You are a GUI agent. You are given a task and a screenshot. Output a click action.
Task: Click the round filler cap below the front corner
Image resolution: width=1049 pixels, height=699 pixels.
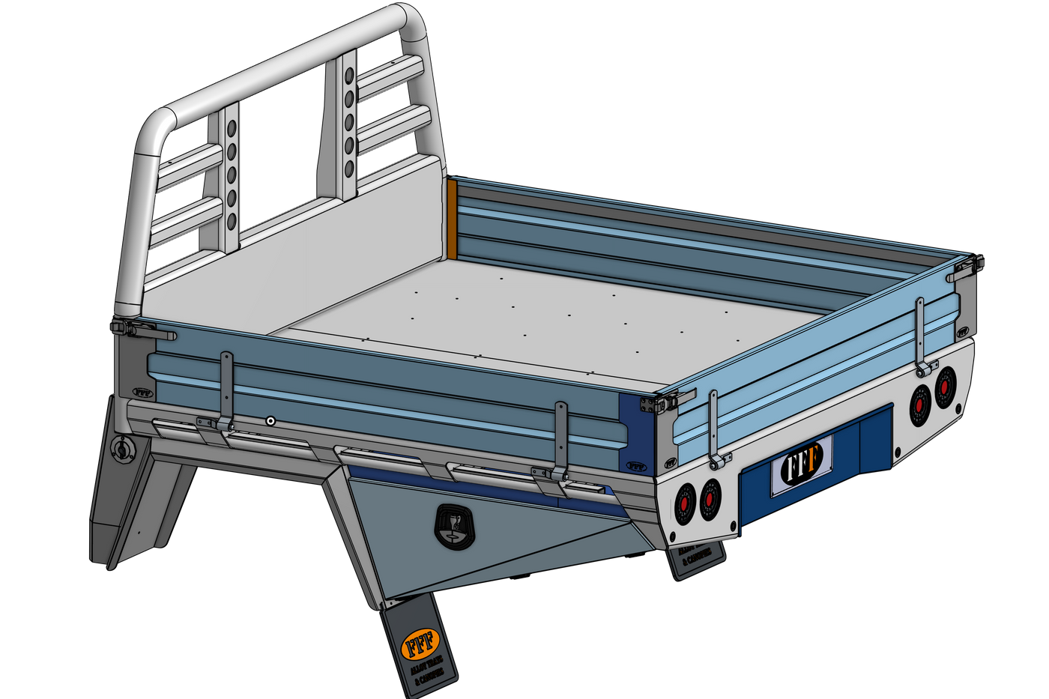121,449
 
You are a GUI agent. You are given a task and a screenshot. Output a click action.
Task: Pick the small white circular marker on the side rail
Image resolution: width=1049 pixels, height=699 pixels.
270,422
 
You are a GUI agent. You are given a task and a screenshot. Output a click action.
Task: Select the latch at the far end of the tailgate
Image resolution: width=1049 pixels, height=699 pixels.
970,267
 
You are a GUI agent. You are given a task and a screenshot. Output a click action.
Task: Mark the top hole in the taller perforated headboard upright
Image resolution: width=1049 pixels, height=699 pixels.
349,75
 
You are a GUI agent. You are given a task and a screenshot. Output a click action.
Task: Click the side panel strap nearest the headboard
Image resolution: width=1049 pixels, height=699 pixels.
226,390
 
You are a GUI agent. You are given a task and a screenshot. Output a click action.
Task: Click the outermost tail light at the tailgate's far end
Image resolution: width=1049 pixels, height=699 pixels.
946,387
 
